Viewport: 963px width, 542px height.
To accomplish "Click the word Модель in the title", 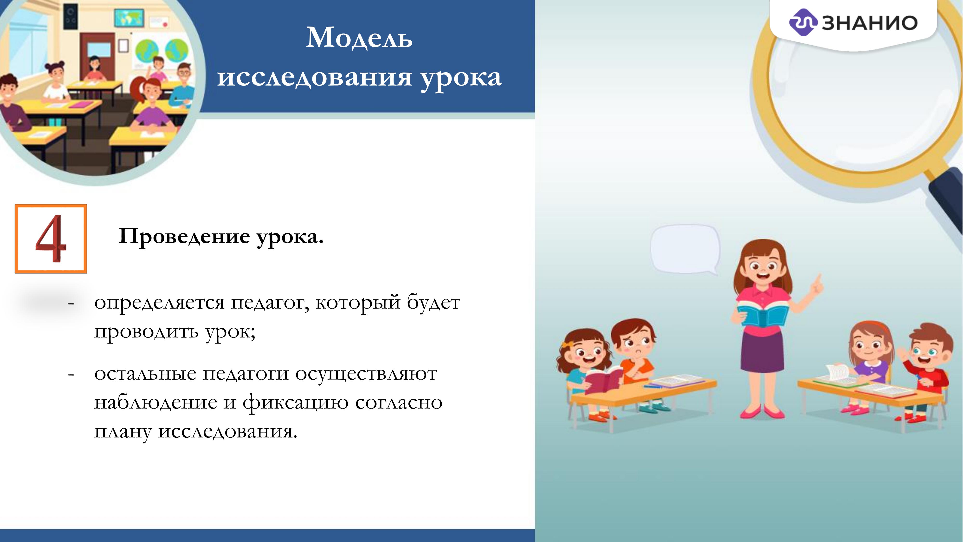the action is (359, 38).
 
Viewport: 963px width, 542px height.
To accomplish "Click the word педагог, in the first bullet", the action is (270, 302).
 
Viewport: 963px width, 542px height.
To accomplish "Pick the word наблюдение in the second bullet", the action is (155, 403).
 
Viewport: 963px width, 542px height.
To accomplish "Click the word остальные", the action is (145, 374).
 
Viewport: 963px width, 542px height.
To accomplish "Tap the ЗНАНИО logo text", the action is (870, 23).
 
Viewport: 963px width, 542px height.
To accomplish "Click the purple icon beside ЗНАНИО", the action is (803, 22).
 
